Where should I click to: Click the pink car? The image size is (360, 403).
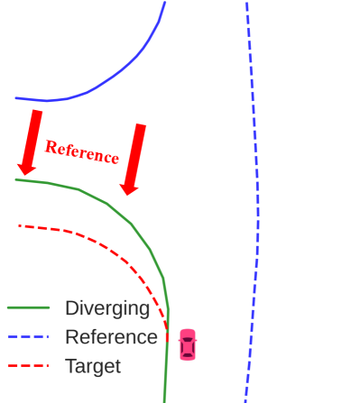pos(187,344)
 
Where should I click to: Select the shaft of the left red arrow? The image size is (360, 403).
pos(33,135)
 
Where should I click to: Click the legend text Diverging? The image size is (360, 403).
pos(107,308)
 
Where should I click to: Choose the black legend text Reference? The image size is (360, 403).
pos(111,337)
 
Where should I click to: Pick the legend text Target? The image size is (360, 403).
pos(93,366)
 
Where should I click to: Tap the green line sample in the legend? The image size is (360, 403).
pos(27,308)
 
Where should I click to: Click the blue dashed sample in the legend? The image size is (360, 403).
pos(27,337)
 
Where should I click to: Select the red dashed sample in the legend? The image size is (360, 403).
pos(27,366)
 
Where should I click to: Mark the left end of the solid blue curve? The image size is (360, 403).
pos(16,98)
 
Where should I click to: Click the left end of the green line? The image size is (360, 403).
pos(16,179)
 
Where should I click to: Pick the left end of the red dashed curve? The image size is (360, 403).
pos(19,225)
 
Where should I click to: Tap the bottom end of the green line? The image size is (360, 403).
pos(164,399)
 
